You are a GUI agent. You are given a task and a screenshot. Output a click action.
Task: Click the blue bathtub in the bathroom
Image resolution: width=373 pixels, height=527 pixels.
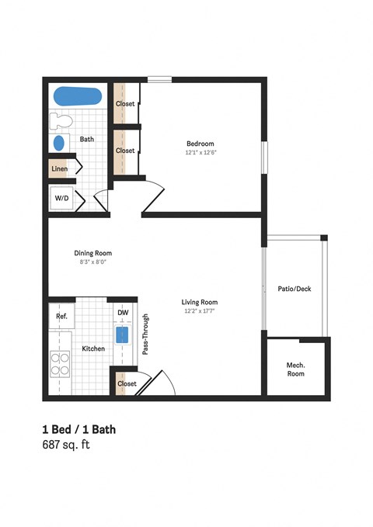78,98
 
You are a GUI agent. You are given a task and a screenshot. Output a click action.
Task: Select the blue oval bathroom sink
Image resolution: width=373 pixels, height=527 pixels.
60,144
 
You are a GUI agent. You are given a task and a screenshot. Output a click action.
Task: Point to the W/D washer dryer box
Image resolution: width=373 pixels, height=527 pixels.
61,199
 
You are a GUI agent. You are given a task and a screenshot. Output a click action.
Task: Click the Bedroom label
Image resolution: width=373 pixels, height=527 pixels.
200,143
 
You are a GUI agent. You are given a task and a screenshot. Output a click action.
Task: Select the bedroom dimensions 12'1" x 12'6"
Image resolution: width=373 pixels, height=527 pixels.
200,152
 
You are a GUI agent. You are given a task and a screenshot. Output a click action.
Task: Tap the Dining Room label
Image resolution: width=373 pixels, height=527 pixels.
93,253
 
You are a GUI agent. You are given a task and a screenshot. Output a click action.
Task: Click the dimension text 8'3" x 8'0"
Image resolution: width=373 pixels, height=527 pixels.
93,262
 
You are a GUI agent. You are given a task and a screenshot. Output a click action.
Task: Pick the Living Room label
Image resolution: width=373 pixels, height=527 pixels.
200,303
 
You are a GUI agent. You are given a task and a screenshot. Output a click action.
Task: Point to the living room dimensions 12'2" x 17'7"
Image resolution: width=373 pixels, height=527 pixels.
200,312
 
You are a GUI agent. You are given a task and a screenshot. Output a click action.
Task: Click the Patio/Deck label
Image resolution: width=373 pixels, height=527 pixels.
295,289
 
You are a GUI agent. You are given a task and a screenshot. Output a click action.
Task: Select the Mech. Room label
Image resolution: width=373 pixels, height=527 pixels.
295,369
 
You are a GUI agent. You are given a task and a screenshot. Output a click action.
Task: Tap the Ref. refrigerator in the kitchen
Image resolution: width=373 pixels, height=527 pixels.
61,317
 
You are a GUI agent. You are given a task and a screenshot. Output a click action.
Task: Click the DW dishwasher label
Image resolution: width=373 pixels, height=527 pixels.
123,313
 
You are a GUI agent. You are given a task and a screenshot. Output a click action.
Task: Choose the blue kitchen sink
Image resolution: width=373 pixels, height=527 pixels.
123,335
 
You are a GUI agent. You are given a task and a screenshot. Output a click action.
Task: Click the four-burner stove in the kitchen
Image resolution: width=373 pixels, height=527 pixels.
61,365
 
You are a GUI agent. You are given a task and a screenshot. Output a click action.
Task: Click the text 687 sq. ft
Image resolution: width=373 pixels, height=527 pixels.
66,446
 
